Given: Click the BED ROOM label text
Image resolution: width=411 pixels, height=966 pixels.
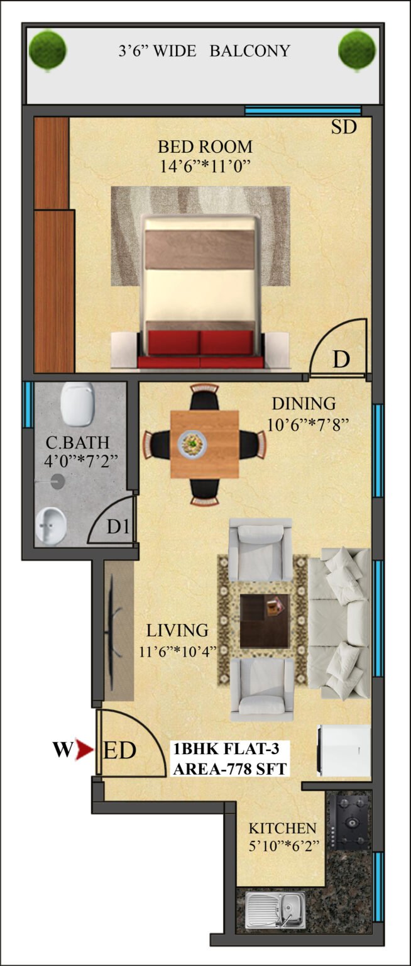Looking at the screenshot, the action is click(205, 147).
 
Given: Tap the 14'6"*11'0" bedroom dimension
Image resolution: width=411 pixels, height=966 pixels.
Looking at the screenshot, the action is click(205, 166).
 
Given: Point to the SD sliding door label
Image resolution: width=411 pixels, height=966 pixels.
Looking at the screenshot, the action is click(344, 127).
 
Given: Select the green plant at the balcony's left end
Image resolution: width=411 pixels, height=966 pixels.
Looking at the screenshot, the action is click(48, 50).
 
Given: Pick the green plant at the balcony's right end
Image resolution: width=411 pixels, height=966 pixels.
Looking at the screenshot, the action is click(357, 50).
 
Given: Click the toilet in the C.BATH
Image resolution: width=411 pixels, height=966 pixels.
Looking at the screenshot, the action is click(77, 404).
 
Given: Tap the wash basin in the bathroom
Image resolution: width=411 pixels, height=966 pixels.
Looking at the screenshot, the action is click(51, 525).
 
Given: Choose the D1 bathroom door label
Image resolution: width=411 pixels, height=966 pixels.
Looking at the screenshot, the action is click(118, 526).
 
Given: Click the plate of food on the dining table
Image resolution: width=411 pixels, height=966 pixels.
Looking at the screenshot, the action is click(192, 443).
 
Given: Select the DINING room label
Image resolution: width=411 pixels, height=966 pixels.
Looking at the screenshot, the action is click(304, 404).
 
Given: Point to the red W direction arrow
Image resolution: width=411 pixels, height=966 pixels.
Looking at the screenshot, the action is click(85, 750).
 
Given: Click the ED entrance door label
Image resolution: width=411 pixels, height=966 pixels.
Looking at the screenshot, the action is click(120, 750).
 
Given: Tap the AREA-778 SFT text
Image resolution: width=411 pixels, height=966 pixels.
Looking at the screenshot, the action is click(229, 769).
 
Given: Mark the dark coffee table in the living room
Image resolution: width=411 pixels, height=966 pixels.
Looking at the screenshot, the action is click(265, 621).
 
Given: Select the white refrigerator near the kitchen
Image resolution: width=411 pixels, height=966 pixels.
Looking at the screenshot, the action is click(344, 751).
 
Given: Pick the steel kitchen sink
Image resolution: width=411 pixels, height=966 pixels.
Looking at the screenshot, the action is click(276, 909).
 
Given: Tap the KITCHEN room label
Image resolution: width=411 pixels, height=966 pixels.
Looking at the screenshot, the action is click(283, 828).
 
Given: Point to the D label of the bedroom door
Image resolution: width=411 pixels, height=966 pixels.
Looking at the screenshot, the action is click(341, 359).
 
